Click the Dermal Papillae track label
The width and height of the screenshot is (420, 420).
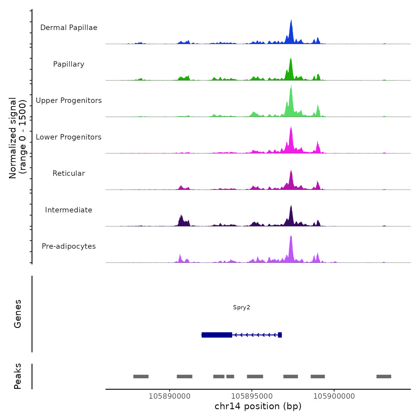(69, 28)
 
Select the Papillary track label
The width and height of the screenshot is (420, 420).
(69, 64)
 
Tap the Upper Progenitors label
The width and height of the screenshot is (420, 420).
(69, 100)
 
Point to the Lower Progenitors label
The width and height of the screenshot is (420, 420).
(69, 137)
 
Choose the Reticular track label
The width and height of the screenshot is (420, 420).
(69, 173)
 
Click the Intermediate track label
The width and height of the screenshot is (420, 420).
(69, 210)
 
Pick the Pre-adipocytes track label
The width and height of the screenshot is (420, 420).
(69, 246)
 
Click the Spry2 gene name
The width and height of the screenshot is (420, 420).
(241, 307)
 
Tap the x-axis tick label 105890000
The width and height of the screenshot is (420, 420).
(169, 396)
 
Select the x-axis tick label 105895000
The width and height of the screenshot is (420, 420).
(252, 396)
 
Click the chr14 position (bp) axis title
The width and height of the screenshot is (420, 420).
(258, 406)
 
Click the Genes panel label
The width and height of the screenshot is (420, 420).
(18, 313)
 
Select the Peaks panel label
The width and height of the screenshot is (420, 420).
(18, 376)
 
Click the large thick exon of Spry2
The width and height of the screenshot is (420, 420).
(217, 335)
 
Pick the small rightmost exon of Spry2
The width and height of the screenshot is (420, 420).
(280, 335)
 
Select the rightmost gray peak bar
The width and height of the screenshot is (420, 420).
(384, 376)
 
